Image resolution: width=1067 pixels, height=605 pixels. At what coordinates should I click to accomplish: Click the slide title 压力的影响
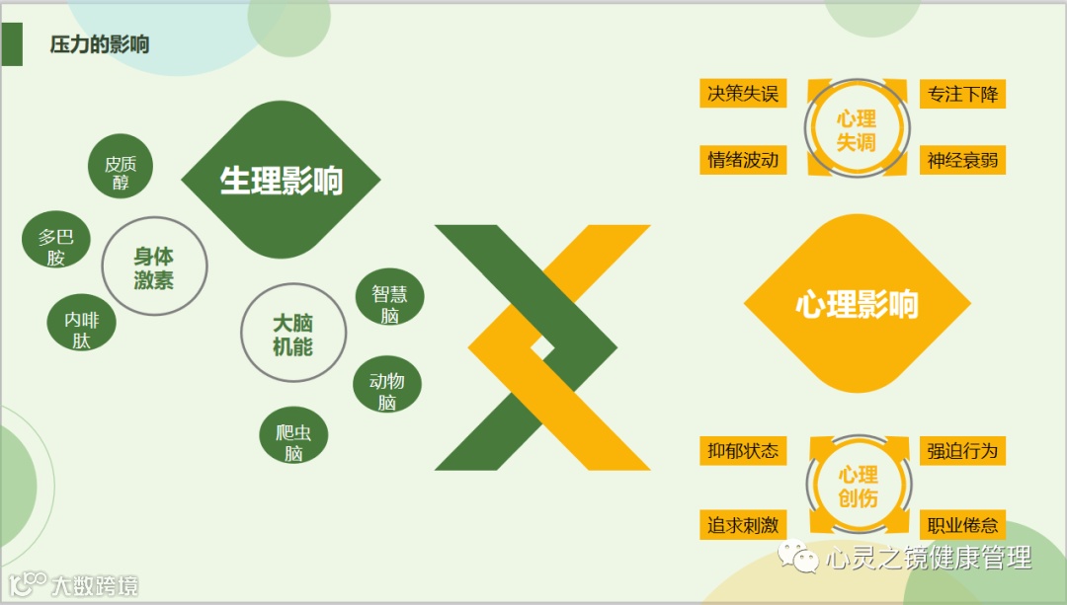[x=100, y=44]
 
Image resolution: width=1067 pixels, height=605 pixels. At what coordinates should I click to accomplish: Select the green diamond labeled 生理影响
[x=281, y=181]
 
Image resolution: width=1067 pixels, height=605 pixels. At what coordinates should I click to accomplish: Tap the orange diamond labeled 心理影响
[x=856, y=304]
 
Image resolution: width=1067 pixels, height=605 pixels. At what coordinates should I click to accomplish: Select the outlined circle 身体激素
[x=154, y=267]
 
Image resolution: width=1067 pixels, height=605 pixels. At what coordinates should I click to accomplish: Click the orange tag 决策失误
[x=743, y=94]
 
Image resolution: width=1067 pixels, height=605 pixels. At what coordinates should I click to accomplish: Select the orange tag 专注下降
[x=962, y=95]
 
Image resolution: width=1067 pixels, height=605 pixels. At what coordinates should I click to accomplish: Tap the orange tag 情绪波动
[x=743, y=160]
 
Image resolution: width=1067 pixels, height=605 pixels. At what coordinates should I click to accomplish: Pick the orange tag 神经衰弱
[x=962, y=160]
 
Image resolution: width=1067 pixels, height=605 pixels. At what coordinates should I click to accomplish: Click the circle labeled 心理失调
[x=856, y=129]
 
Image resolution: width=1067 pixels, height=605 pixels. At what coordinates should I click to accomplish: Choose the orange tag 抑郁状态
[x=743, y=451]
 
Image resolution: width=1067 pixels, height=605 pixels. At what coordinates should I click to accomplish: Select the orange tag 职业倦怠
[x=962, y=525]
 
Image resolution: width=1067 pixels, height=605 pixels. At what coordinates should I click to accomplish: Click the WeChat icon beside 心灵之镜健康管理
[x=799, y=559]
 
